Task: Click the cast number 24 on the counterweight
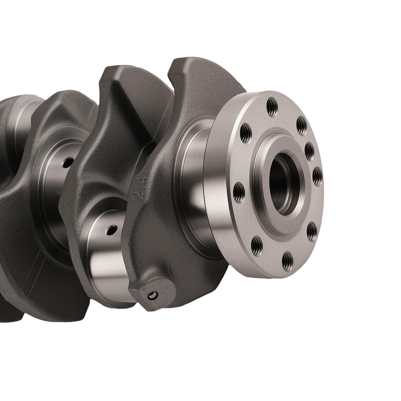[x=138, y=189]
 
